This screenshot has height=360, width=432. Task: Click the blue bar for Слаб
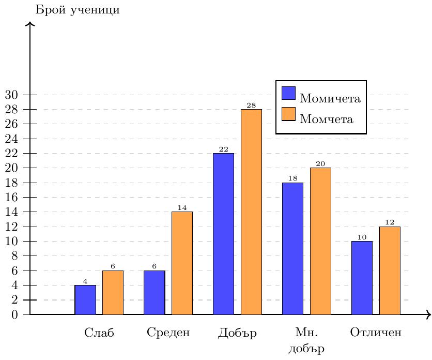(x=85, y=300)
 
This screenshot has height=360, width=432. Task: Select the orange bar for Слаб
(x=113, y=292)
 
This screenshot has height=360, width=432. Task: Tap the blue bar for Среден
(x=155, y=292)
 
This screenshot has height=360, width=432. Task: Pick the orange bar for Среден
(x=182, y=263)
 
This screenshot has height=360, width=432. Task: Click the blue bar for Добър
(x=223, y=234)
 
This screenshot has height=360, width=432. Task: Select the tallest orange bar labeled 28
(x=251, y=212)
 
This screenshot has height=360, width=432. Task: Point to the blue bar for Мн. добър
(x=292, y=249)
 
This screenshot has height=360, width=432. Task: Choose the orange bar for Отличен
(x=390, y=271)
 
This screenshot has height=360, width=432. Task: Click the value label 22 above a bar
(x=224, y=149)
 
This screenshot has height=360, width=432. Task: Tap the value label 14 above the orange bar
(x=182, y=208)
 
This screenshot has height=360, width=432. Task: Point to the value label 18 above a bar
(x=293, y=178)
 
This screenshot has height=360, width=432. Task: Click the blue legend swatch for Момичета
(x=288, y=93)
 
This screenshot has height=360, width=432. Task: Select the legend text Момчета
(x=327, y=119)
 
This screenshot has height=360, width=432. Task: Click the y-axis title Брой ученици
(x=78, y=10)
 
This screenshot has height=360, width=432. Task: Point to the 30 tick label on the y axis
(x=11, y=95)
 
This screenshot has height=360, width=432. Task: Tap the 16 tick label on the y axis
(x=11, y=197)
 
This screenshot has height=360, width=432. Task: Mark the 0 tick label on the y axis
(x=14, y=314)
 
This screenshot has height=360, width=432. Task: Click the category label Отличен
(x=376, y=332)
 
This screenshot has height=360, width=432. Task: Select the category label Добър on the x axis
(x=237, y=333)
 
